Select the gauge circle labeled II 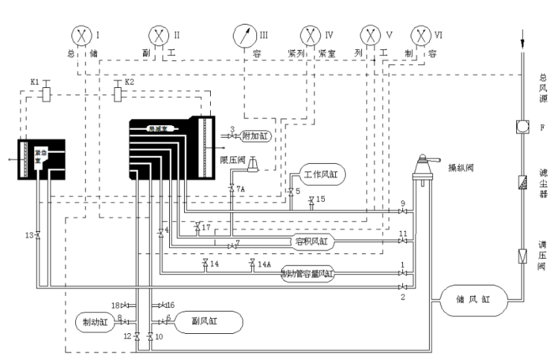pyautogui.click(x=159, y=34)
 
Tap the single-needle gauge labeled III pyautogui.click(x=243, y=34)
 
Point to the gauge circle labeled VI pyautogui.click(x=422, y=34)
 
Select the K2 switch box pyautogui.click(x=119, y=95)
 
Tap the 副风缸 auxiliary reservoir pyautogui.click(x=209, y=321)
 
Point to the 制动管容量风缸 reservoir pyautogui.click(x=307, y=274)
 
